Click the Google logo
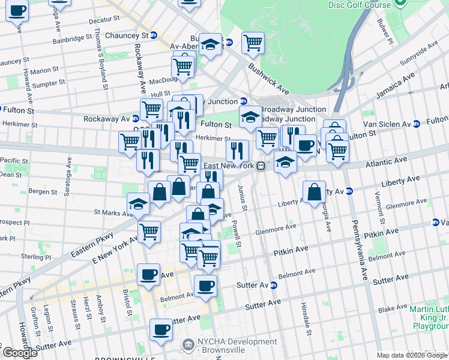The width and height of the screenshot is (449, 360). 20,353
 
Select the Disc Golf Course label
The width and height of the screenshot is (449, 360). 359,5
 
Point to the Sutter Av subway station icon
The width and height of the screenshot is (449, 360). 273,286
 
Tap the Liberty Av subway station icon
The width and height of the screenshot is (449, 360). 349,191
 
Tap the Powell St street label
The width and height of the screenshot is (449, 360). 238,234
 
